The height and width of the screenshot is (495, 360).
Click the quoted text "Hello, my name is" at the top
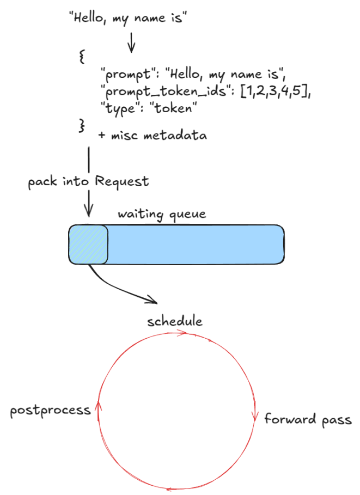tap(129, 17)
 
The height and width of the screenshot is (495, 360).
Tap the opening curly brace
tap(82, 56)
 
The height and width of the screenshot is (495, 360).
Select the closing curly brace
tap(82, 125)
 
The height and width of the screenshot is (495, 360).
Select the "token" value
tap(173, 108)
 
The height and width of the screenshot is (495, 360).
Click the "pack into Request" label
tap(88, 181)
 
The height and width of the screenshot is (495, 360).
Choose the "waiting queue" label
tap(162, 213)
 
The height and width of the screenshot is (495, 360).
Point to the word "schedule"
tap(175, 321)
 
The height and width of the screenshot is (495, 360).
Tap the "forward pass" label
tap(308, 419)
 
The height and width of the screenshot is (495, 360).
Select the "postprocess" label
tap(50, 410)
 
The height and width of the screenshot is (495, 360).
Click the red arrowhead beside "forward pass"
tap(254, 417)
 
